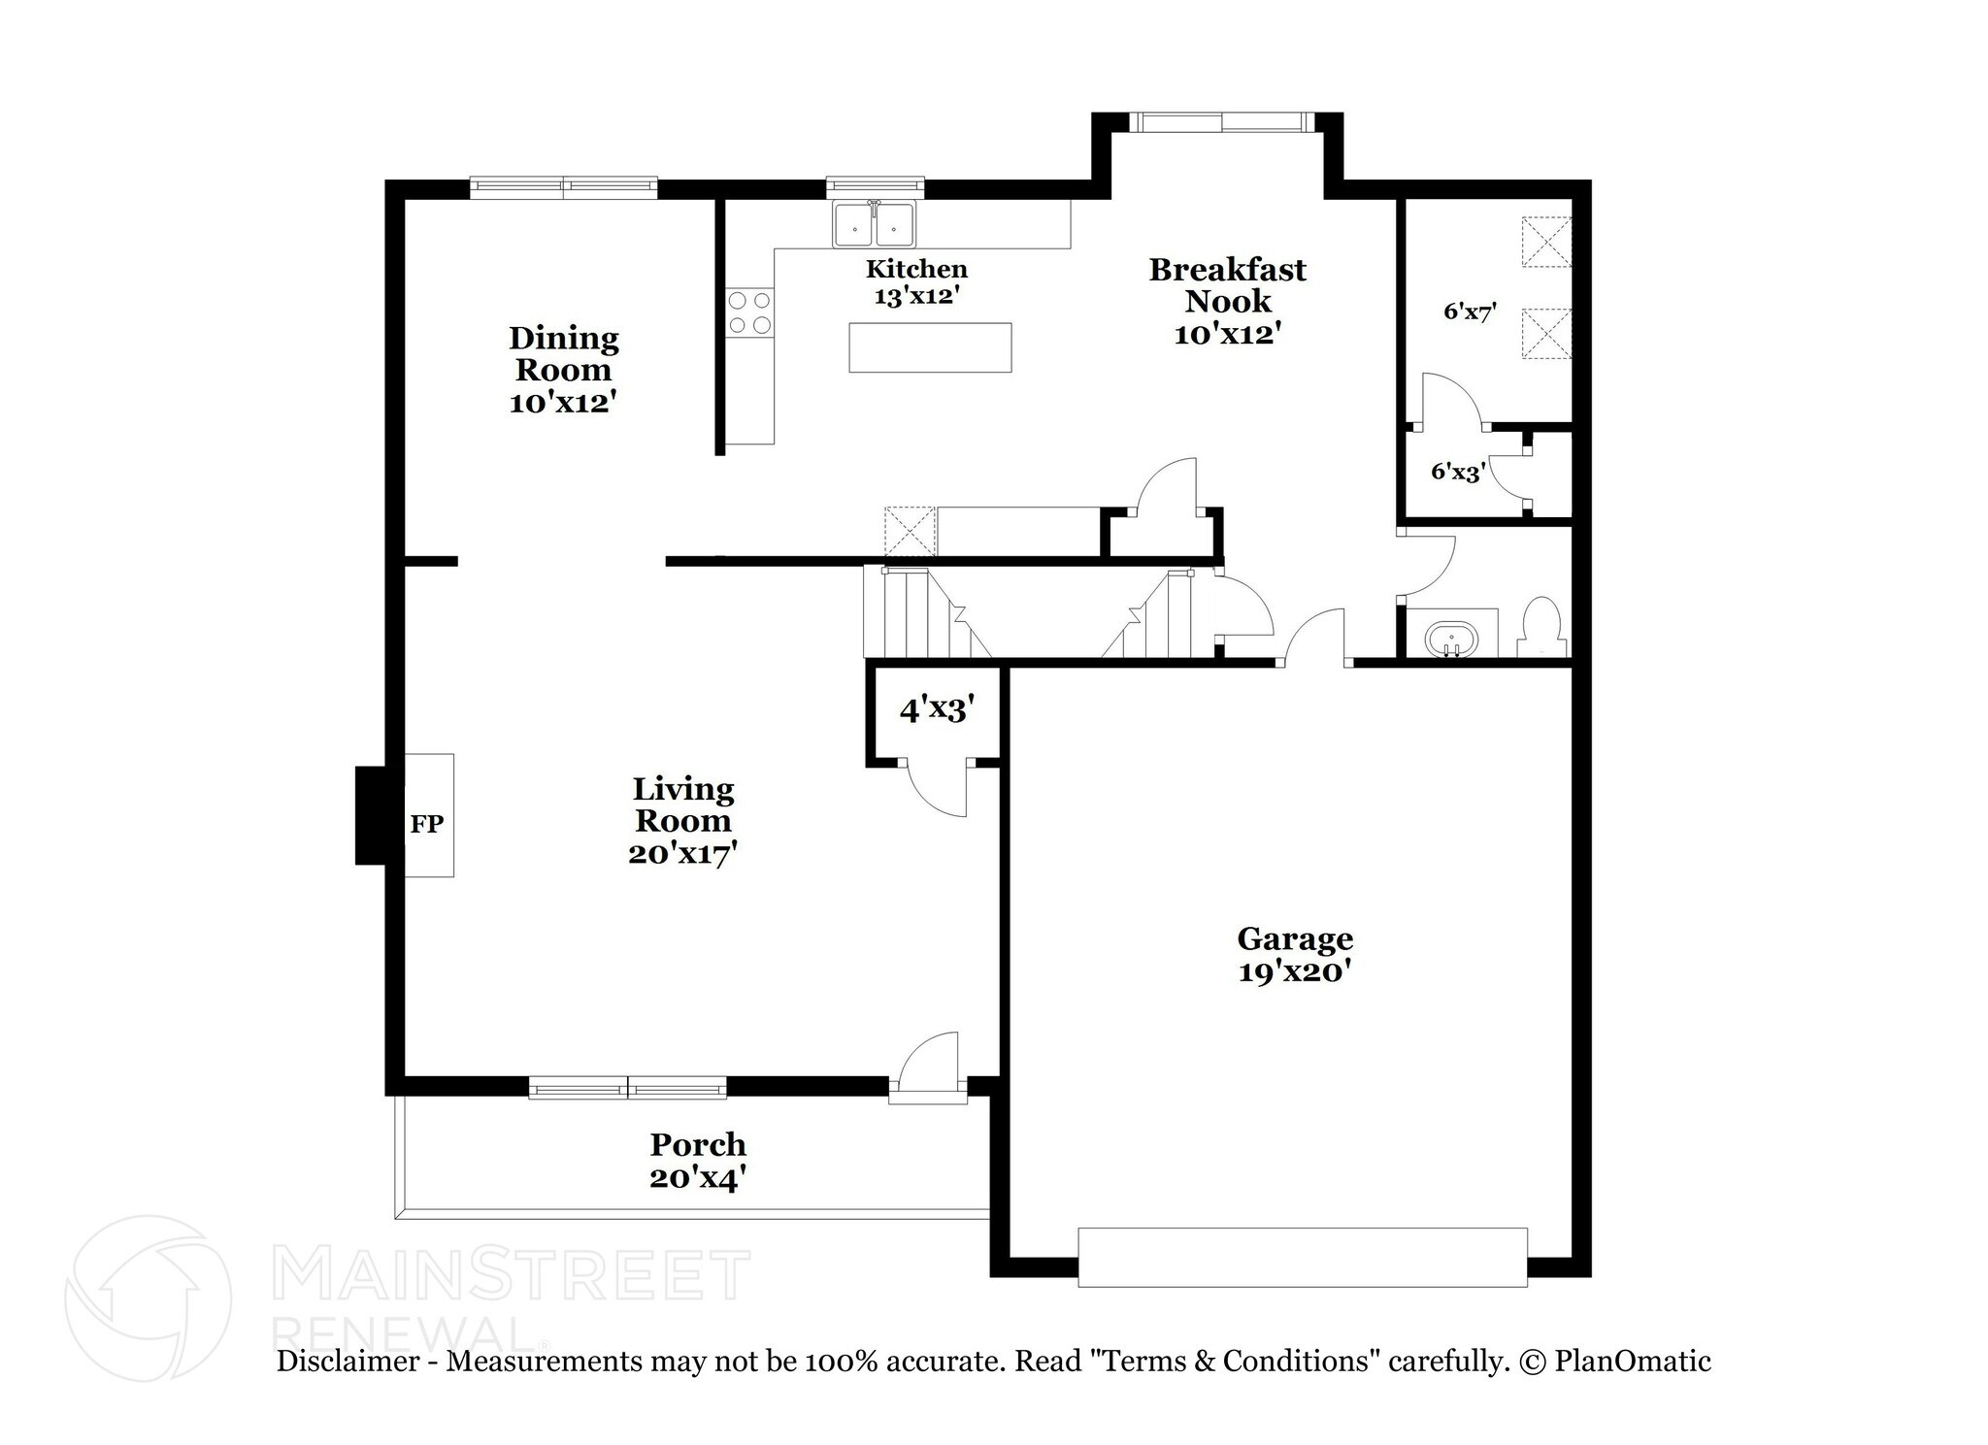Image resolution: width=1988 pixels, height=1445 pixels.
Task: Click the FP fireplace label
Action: click(x=426, y=824)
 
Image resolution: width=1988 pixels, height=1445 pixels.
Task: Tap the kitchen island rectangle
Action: click(x=929, y=347)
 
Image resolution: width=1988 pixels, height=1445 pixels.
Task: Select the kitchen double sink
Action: click(x=874, y=225)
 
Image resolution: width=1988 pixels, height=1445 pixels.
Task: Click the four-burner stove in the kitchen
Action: click(x=749, y=312)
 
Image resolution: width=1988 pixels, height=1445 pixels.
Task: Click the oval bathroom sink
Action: click(x=1451, y=641)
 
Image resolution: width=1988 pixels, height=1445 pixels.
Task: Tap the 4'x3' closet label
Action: click(x=936, y=710)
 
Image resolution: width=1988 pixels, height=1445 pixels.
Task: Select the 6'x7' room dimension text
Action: click(x=1470, y=312)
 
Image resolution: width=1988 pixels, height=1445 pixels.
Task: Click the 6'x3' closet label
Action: click(x=1458, y=473)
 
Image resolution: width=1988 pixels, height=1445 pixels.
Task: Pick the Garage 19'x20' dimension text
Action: click(x=1295, y=971)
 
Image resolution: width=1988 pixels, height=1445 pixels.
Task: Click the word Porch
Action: click(x=698, y=1145)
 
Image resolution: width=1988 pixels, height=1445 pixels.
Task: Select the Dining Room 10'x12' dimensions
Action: click(x=563, y=402)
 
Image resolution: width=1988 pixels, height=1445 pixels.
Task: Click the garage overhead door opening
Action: click(x=1302, y=1258)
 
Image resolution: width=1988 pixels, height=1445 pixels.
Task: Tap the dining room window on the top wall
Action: click(x=563, y=187)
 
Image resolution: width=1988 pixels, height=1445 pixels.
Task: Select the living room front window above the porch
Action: click(x=627, y=1088)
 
